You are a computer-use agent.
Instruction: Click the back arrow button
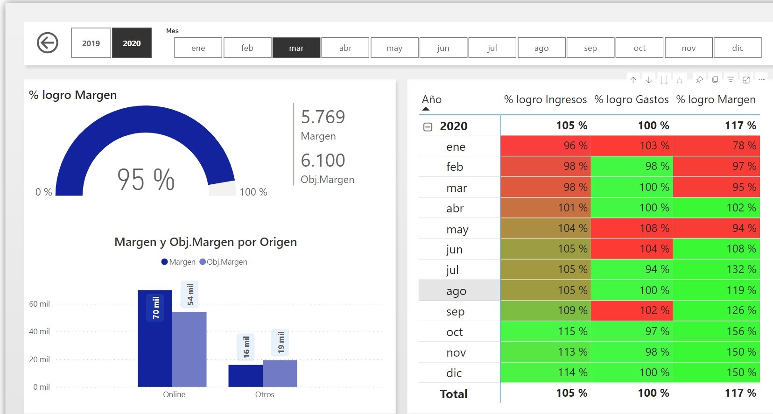tap(47, 43)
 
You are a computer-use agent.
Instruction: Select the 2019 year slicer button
tap(91, 43)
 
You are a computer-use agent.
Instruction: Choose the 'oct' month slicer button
tap(639, 48)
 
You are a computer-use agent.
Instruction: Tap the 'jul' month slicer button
tap(492, 48)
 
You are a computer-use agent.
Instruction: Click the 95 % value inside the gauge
tap(145, 180)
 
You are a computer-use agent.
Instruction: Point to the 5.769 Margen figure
tap(323, 117)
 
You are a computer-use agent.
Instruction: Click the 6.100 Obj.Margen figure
tap(323, 161)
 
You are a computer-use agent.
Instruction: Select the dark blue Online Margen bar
tap(155, 338)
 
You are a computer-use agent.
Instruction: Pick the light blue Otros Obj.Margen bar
tap(280, 373)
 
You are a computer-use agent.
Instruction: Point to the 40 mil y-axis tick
tap(40, 331)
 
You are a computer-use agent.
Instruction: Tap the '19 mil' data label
tap(281, 342)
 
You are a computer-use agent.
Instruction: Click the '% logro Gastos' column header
tap(631, 99)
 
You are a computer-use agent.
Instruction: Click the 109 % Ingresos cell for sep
tap(572, 310)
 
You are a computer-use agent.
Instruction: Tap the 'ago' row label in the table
tap(456, 291)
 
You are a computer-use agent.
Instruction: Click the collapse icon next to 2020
tap(428, 126)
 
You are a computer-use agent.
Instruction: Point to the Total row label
tap(454, 394)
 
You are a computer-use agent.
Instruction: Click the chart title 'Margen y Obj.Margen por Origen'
tap(205, 242)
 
